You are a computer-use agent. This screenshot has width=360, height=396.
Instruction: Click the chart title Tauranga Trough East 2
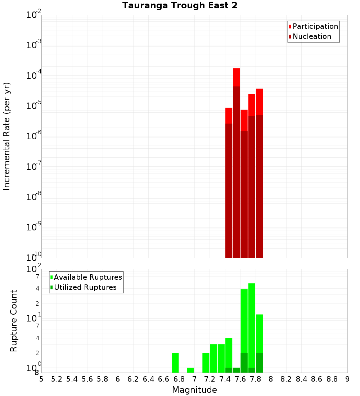click(x=180, y=6)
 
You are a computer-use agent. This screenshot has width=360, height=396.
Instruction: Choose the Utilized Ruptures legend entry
click(x=85, y=287)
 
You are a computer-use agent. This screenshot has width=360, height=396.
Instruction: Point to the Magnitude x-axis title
click(x=194, y=390)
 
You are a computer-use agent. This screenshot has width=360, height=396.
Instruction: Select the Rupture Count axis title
click(x=14, y=321)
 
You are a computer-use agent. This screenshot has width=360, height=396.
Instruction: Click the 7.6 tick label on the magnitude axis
click(x=240, y=379)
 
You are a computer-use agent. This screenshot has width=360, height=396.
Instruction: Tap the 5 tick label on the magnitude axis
click(x=41, y=379)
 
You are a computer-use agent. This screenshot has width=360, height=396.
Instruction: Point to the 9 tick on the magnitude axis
click(x=347, y=379)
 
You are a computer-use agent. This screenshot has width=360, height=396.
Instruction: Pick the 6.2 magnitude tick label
click(x=133, y=379)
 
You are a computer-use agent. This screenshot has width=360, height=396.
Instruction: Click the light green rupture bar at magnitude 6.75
click(x=175, y=363)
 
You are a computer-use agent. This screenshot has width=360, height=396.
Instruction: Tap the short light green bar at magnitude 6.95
click(x=190, y=370)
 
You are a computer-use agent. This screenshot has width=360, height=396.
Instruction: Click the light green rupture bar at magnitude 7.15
click(x=206, y=363)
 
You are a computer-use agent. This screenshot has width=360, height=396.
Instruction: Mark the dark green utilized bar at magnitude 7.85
click(x=259, y=363)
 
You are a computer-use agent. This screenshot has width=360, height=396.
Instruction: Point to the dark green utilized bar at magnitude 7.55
click(x=237, y=370)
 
